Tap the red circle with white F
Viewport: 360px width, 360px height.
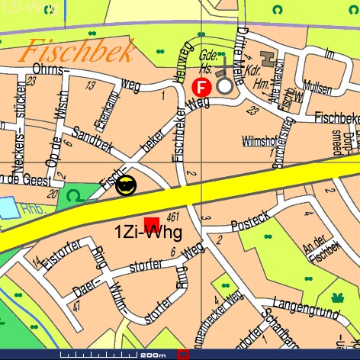[x=203, y=87]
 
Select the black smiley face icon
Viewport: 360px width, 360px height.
[x=127, y=185]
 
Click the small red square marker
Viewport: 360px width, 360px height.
[x=150, y=221]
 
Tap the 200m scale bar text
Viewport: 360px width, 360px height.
[x=153, y=355]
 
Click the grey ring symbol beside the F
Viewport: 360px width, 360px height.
[x=224, y=86]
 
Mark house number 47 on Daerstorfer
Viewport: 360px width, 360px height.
[x=76, y=306]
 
